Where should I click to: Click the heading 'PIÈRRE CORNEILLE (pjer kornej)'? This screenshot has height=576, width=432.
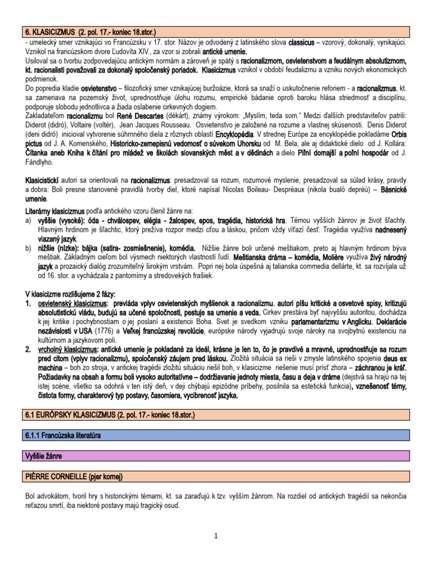tap(74, 477)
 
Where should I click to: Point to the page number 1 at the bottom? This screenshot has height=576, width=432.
tap(215, 535)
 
